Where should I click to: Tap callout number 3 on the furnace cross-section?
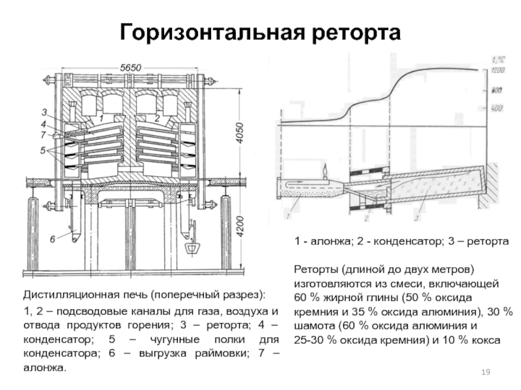pos(43,112)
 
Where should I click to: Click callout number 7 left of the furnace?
pos(43,134)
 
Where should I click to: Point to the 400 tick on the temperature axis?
pos(498,107)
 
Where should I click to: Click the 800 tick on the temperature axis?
pos(498,89)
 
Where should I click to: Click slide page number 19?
pos(485,371)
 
